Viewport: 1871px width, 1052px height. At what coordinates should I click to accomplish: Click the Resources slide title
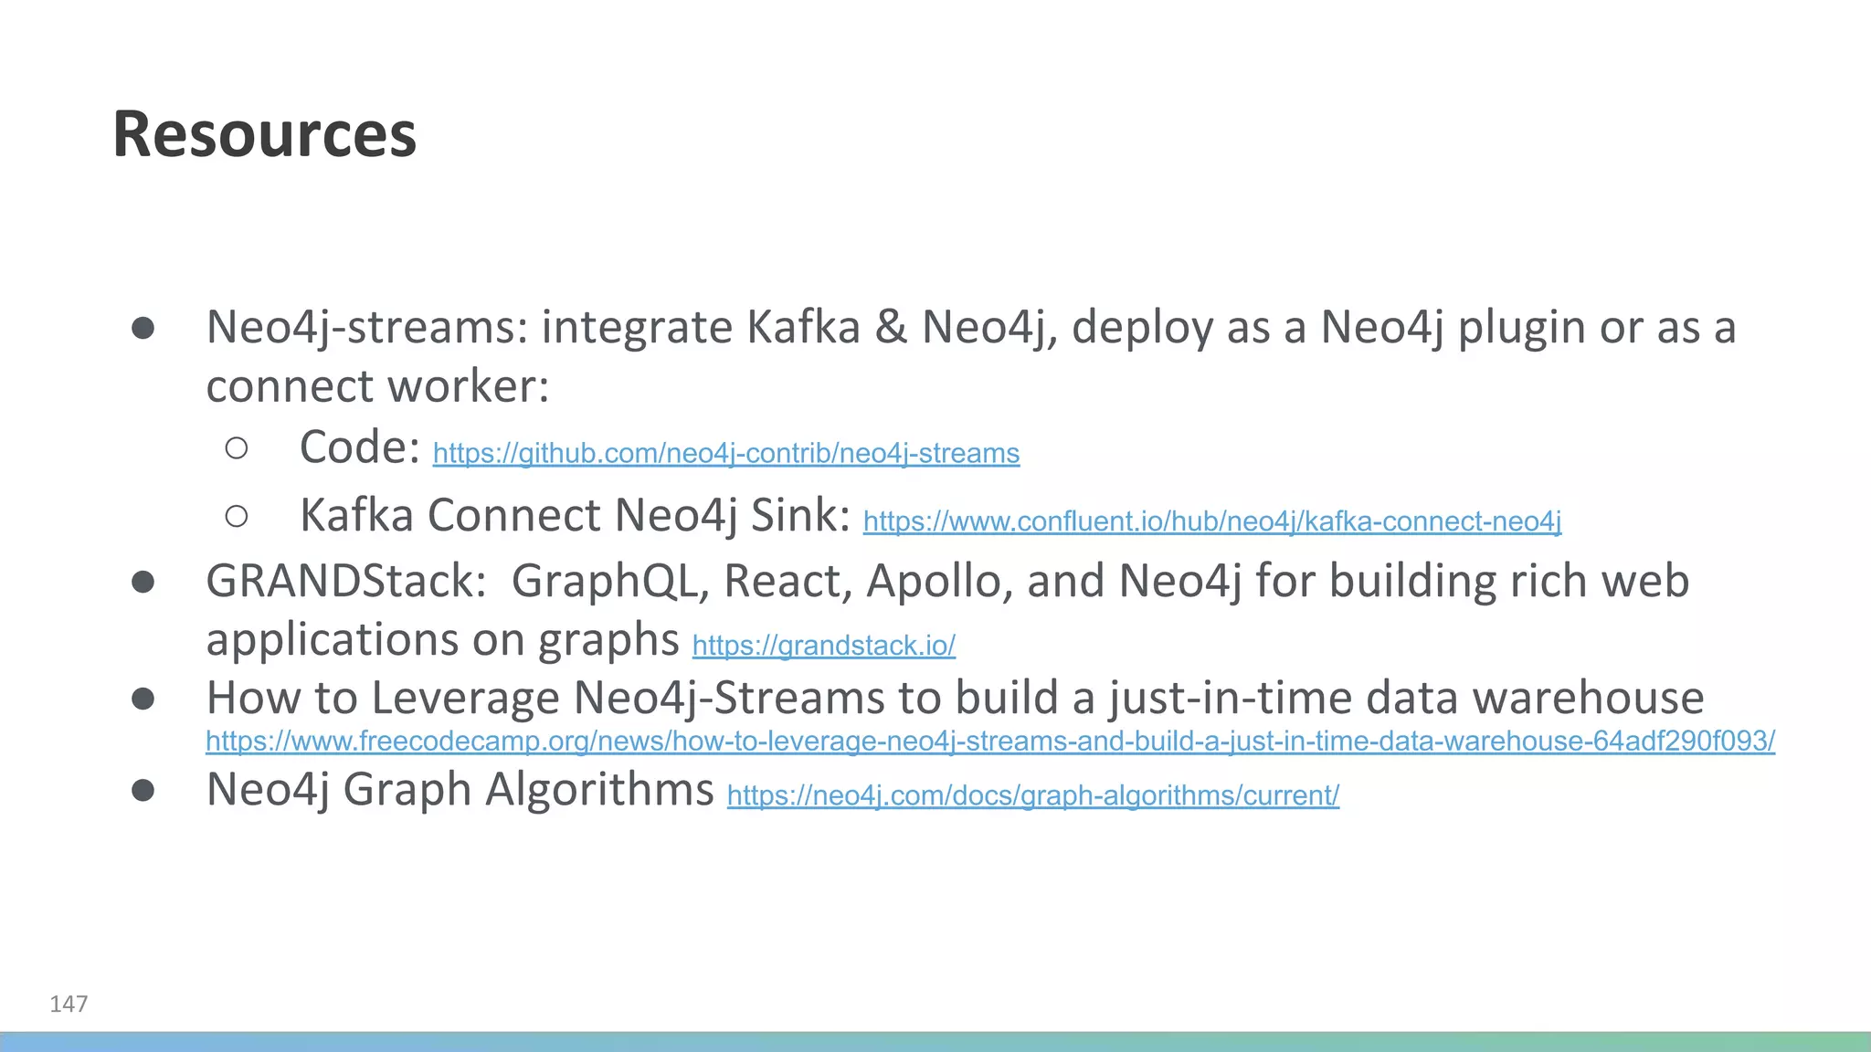(x=264, y=134)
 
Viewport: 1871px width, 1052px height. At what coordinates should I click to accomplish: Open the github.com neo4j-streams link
(x=725, y=454)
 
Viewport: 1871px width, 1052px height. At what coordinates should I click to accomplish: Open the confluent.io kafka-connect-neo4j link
(x=1211, y=521)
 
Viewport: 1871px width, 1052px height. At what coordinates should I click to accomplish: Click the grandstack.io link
(x=823, y=646)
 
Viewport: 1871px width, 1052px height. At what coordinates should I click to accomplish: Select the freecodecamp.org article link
(x=989, y=741)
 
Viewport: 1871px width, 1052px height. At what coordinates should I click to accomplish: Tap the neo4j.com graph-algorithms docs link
(x=1032, y=795)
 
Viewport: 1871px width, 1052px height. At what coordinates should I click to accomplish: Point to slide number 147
(x=69, y=1004)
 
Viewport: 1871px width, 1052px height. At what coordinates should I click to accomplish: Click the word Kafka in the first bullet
(x=803, y=327)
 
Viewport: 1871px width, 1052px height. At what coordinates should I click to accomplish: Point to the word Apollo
(x=939, y=582)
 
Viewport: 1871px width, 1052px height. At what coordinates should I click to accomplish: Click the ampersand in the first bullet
(x=891, y=327)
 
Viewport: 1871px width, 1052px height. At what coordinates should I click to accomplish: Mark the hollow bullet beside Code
(x=237, y=447)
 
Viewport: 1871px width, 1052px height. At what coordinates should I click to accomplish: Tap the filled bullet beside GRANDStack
(x=143, y=582)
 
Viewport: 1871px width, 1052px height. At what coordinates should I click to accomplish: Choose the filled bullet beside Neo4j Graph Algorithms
(x=143, y=790)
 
